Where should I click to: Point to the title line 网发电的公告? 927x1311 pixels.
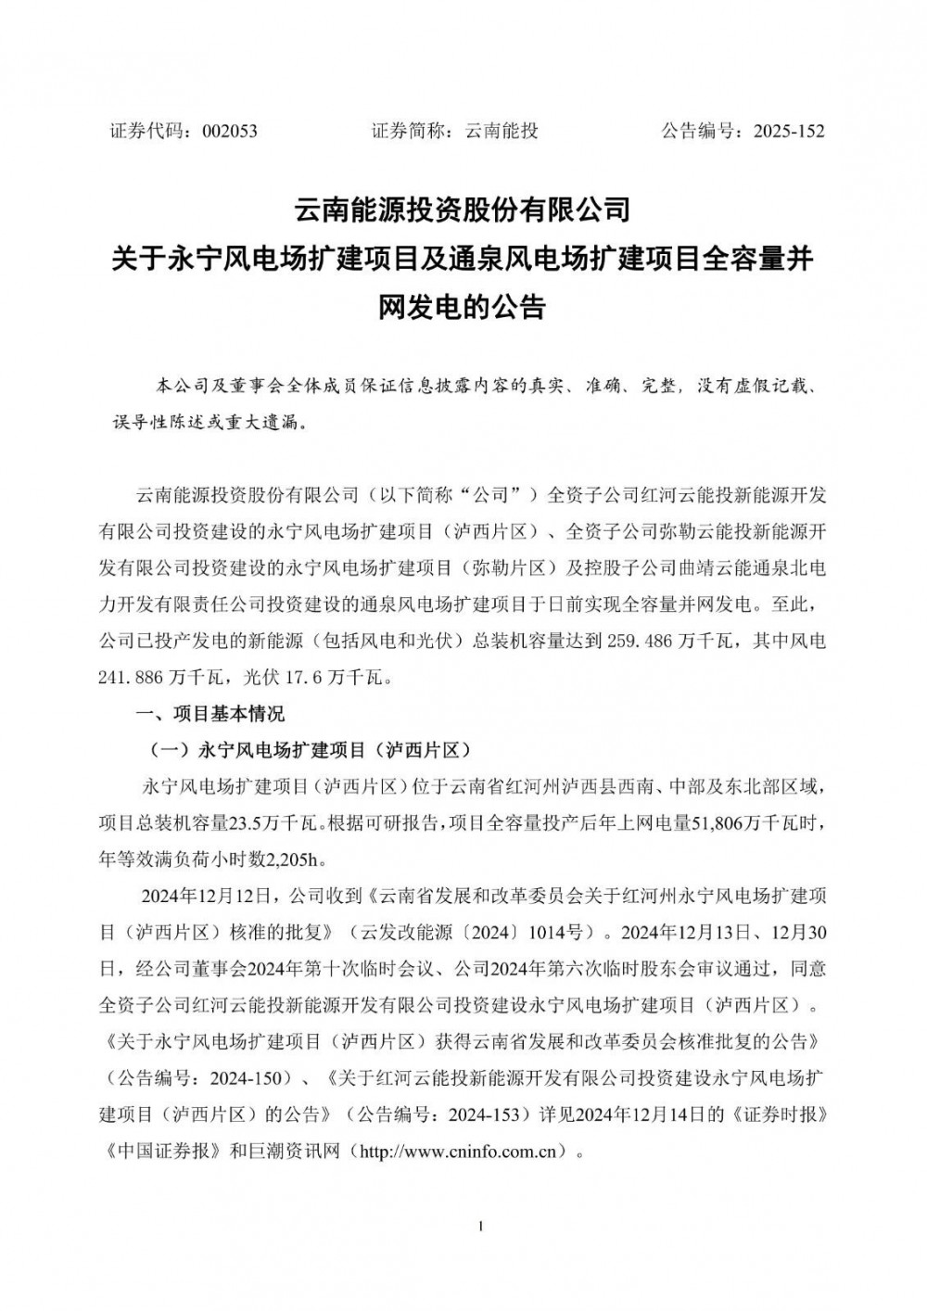tap(463, 307)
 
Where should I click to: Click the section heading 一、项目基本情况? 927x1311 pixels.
tap(210, 714)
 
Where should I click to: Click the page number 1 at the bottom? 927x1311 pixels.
tap(481, 1227)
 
